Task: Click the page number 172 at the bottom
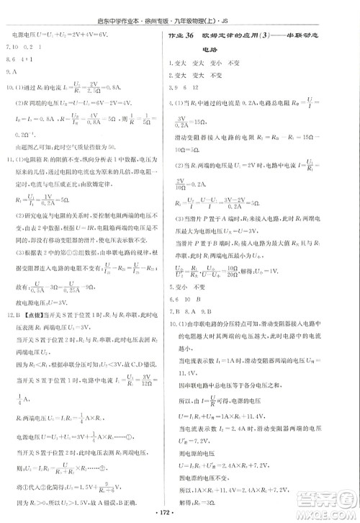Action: click(180, 517)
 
